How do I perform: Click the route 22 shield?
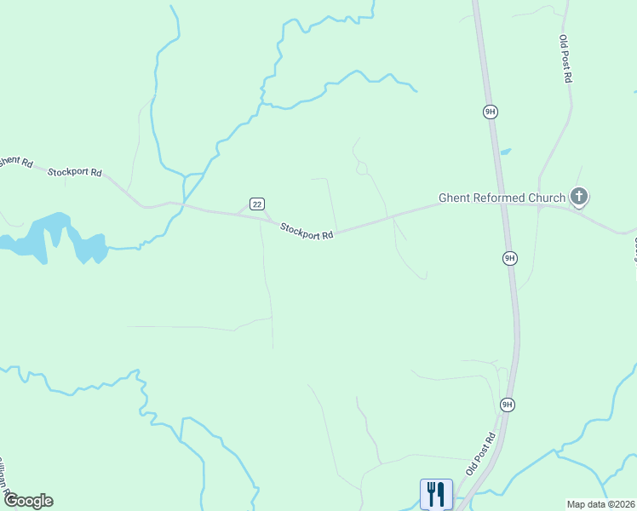point(257,203)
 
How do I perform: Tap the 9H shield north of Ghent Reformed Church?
point(489,112)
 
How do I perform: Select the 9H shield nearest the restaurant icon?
point(507,405)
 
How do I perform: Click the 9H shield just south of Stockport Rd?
point(509,258)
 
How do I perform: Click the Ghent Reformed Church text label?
point(502,198)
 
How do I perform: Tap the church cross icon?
point(579,198)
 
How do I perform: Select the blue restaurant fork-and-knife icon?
point(436,493)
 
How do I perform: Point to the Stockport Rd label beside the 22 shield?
point(307,231)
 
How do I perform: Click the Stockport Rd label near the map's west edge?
point(74,172)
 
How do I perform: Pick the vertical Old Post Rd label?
point(565,58)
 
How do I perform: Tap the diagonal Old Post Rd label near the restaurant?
point(480,454)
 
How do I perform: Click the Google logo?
point(28,501)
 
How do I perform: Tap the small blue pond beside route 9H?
point(505,152)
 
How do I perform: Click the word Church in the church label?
point(547,198)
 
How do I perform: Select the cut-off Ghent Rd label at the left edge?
point(14,161)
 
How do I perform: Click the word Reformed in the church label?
point(500,198)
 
